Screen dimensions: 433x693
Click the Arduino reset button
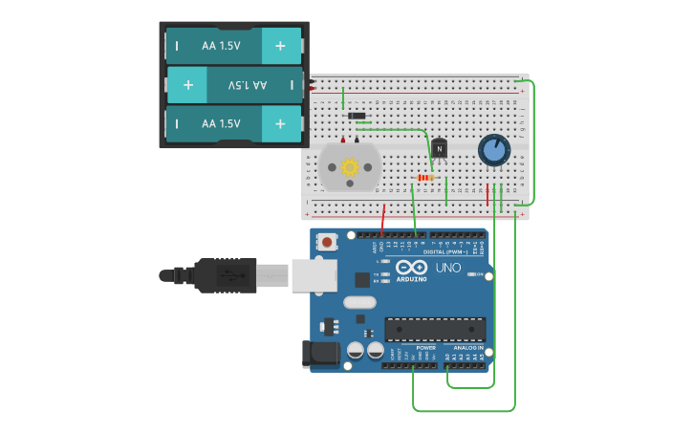[x=328, y=242]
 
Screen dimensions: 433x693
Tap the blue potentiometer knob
[x=493, y=150]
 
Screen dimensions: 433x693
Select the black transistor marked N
[x=439, y=148]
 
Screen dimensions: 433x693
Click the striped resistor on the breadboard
[x=425, y=178]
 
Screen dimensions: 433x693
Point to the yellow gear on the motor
[x=350, y=167]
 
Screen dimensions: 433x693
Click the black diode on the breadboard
[x=357, y=117]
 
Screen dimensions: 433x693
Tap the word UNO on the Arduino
[x=448, y=268]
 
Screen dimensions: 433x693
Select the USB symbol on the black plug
[x=229, y=275]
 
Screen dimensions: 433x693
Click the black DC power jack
[x=320, y=354]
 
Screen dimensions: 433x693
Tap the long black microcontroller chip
[x=435, y=329]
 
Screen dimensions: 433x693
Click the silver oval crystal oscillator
[x=360, y=303]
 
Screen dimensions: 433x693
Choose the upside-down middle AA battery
[x=234, y=85]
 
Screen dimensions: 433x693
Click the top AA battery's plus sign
[x=280, y=46]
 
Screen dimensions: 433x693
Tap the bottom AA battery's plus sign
[x=280, y=124]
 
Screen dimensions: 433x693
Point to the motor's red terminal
[x=343, y=140]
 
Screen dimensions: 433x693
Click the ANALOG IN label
[x=466, y=347]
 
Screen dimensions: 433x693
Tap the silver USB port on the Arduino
[x=314, y=275]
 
